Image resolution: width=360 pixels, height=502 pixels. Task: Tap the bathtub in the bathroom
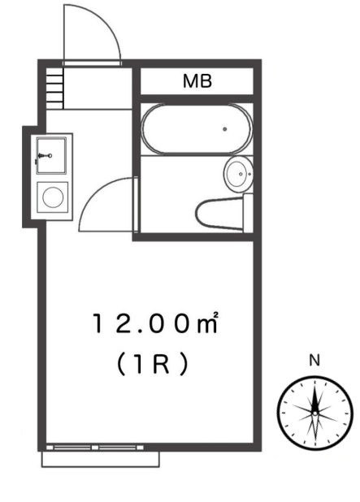pos(196,129)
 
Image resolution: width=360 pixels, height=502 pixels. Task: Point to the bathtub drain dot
pos(224,129)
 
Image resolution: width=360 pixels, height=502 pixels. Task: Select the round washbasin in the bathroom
pos(237,173)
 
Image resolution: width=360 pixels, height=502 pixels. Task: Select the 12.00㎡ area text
pos(155,323)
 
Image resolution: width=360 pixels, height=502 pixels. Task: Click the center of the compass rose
pos(314,413)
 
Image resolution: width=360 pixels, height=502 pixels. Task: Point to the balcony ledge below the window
pos(100,459)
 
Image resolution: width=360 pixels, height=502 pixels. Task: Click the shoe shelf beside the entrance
pos(54,84)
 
